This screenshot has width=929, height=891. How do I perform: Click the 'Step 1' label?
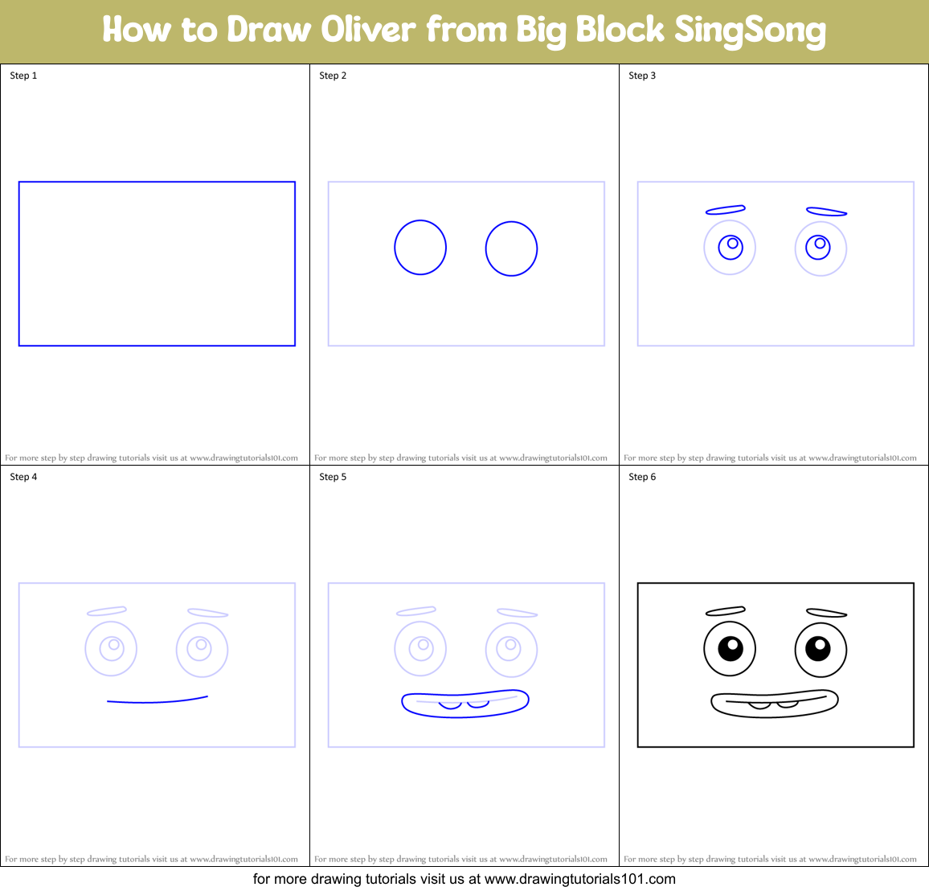coord(23,76)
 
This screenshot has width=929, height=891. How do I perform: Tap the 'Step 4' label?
coord(23,477)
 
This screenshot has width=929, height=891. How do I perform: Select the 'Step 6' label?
coord(642,477)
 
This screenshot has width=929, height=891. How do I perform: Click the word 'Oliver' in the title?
coord(369,30)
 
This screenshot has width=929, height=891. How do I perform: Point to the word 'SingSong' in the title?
coord(749,31)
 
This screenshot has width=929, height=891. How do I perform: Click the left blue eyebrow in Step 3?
coord(725,211)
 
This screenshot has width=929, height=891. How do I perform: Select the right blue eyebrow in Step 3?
coord(826,212)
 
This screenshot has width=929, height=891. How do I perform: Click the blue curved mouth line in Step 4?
coord(158,701)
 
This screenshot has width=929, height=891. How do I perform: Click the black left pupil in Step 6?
coord(731,647)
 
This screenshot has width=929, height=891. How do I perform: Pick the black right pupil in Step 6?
coord(818,647)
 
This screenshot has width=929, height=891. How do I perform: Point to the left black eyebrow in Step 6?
coord(725,612)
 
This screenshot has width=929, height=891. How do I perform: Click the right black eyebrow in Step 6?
coord(826,614)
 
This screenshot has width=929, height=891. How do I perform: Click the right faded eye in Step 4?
coord(202,648)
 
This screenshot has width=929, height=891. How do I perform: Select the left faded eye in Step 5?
coord(420,648)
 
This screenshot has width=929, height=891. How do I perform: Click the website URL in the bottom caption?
coord(579,879)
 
